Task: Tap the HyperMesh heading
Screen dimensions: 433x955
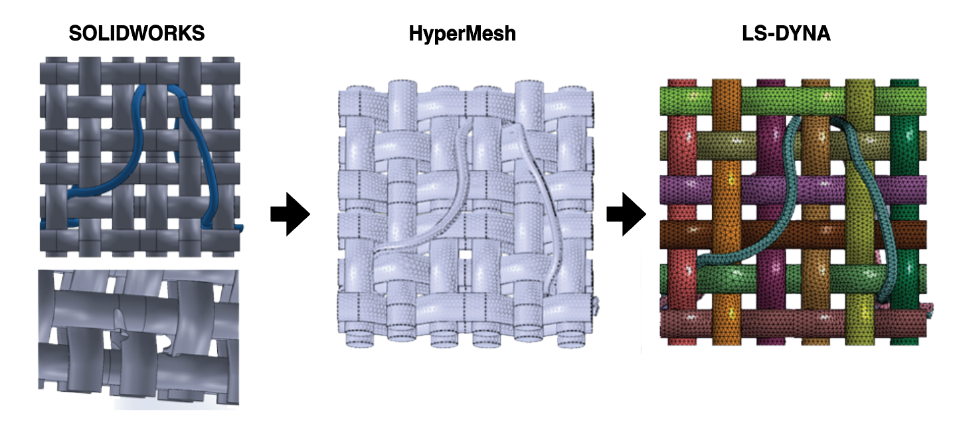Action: click(x=462, y=34)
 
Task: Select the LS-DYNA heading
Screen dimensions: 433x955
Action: click(x=786, y=34)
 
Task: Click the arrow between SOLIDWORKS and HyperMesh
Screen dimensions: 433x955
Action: click(x=290, y=215)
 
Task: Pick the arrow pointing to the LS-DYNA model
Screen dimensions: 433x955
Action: click(x=626, y=215)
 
